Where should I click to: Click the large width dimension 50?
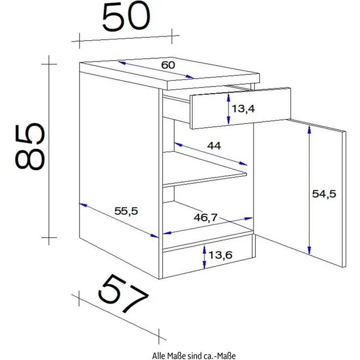tap(126, 17)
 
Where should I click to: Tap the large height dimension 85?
tap(30, 146)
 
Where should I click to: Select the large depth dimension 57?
tap(122, 293)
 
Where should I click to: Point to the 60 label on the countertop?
tap(168, 65)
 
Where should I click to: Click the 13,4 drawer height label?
tap(243, 109)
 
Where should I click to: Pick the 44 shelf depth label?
tap(214, 146)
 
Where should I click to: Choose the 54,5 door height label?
tap(324, 194)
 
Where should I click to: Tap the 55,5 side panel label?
tap(126, 211)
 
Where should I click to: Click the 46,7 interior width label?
tap(205, 218)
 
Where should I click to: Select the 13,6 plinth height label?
tap(221, 255)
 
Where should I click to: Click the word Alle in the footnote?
tap(158, 356)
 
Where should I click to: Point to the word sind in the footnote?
tap(194, 356)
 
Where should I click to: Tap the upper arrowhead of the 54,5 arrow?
tap(309, 130)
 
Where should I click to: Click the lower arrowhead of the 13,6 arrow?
tap(204, 265)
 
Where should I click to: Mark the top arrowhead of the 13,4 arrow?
tap(228, 97)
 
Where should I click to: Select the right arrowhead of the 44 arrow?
tap(243, 163)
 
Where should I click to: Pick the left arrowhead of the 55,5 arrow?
tap(83, 204)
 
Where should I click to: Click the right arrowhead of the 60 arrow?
tap(190, 77)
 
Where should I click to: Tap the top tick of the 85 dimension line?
tap(49, 64)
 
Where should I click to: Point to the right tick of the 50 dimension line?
tap(172, 36)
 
